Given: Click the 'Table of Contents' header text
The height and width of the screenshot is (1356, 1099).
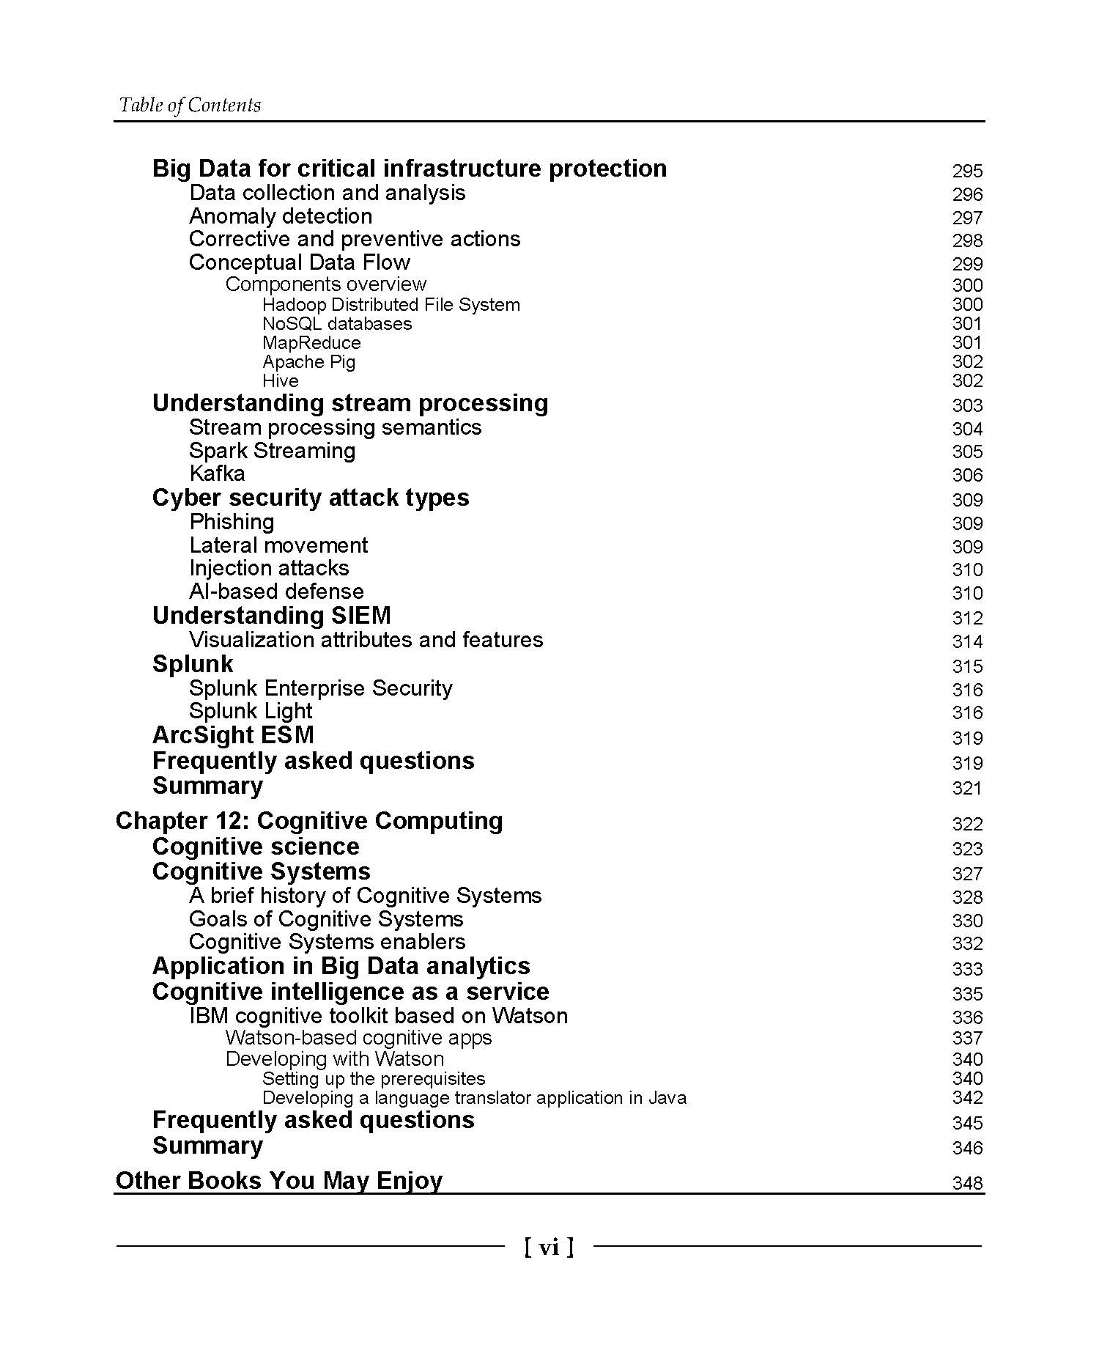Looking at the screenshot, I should click(190, 106).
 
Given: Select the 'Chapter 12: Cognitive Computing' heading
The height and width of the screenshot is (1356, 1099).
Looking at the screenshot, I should click(309, 821).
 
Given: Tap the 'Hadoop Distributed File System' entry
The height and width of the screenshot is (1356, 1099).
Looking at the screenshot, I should click(391, 305).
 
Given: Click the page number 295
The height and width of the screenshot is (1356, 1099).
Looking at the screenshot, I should click(967, 171).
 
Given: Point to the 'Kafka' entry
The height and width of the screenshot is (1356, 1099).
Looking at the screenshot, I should click(217, 474).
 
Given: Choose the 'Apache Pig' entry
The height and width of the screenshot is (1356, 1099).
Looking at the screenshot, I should click(308, 362).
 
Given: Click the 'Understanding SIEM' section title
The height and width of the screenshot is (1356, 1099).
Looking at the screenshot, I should click(271, 616).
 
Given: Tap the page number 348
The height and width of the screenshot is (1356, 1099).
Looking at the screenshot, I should click(967, 1183).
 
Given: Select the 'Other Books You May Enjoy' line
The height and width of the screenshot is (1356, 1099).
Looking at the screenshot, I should click(279, 1181).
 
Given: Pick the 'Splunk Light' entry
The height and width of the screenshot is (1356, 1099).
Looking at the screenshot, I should click(251, 711).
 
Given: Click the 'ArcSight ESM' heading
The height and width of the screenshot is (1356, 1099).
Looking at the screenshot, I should click(233, 735).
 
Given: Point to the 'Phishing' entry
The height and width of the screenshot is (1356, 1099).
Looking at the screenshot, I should click(232, 522).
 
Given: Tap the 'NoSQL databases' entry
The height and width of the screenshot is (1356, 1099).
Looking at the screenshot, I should click(337, 324).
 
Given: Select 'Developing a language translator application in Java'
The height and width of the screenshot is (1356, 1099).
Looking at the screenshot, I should click(474, 1098).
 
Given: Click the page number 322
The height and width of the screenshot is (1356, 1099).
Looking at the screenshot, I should click(967, 824).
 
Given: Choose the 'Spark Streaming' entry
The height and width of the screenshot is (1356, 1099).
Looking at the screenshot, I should click(272, 451).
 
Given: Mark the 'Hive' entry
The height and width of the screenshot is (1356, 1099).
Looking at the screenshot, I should click(281, 381).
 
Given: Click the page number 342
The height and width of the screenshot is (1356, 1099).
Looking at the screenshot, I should click(967, 1098).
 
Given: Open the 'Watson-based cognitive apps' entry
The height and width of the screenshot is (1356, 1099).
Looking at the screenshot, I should click(358, 1038).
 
